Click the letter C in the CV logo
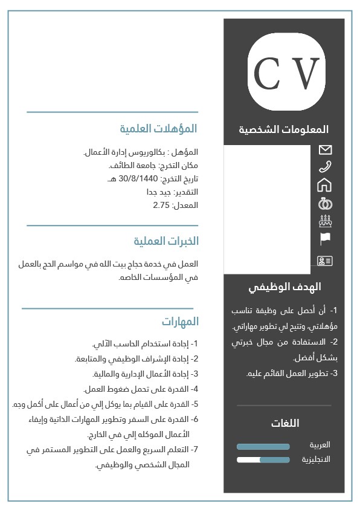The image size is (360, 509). click(266, 74)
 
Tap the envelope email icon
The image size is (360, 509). click(325, 149)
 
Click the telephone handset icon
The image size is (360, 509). click(325, 167)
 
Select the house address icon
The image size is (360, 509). click(325, 184)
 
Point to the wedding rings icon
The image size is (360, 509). click(325, 203)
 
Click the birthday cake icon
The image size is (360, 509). click(325, 221)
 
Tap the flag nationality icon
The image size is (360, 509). click(325, 239)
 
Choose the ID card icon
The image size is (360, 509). click(325, 261)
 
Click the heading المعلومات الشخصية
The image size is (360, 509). click(284, 129)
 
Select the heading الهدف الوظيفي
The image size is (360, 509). click(284, 287)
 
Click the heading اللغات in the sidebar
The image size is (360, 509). click(285, 423)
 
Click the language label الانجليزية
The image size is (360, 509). click(316, 459)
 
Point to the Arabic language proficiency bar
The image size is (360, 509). click(263, 447)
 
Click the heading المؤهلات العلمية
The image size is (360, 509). click(158, 129)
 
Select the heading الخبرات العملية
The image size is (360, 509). click(166, 241)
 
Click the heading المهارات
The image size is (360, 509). click(180, 321)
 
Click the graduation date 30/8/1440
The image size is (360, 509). click(138, 179)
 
